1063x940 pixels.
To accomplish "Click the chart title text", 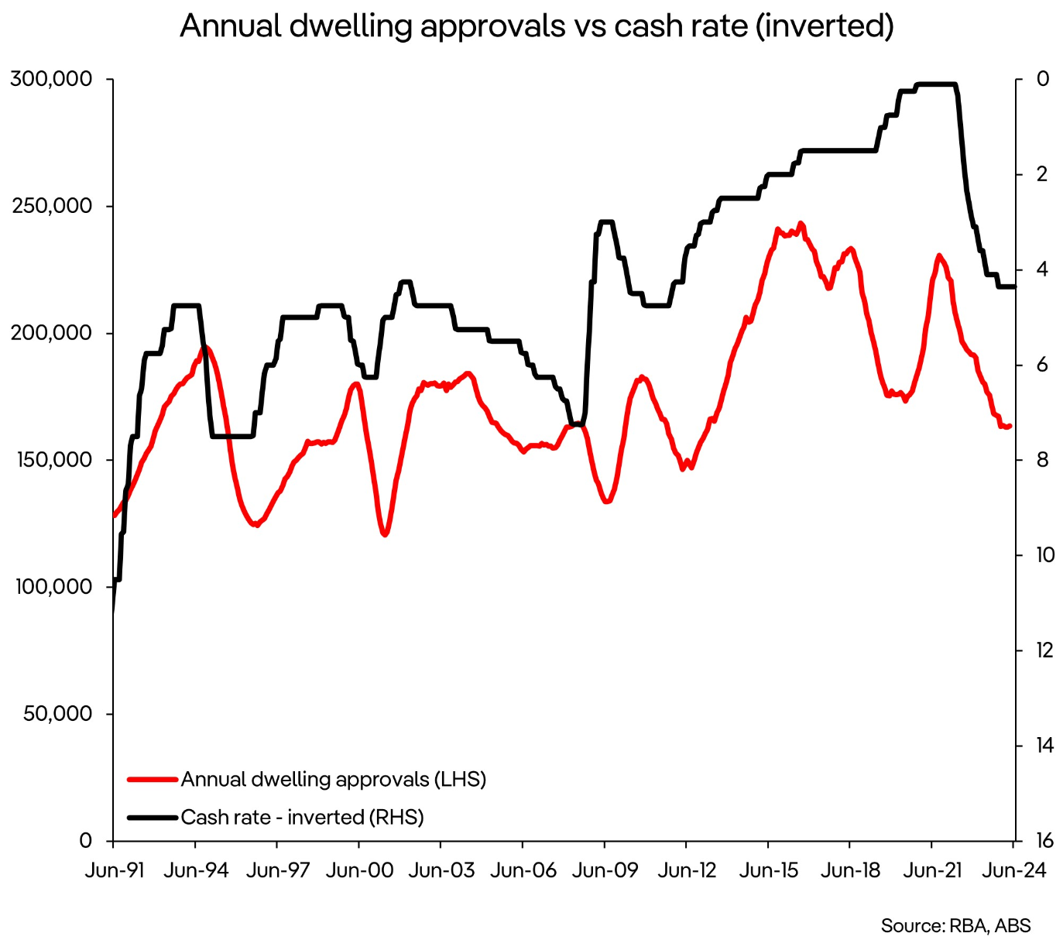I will click(536, 26).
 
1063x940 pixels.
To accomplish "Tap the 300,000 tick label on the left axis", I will click(51, 79).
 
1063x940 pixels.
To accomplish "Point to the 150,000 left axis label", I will click(51, 460).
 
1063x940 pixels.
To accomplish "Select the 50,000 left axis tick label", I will click(57, 714).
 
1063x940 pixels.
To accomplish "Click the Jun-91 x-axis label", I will click(115, 870).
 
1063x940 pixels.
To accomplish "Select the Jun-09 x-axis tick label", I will click(605, 870).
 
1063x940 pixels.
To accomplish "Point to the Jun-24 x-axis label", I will click(1014, 870).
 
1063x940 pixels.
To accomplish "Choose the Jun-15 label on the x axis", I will click(768, 870).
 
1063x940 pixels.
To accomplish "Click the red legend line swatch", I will click(153, 779).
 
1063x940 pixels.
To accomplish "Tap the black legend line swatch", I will click(153, 817).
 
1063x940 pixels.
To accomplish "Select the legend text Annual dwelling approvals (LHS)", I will click(334, 779).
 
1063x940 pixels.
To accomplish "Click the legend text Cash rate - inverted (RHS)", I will click(303, 817).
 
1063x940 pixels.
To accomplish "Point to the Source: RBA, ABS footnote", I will click(955, 925).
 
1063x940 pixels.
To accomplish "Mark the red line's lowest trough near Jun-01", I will click(384, 534).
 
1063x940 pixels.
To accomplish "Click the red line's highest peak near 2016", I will click(801, 223).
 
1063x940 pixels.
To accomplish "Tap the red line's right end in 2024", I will click(1010, 426).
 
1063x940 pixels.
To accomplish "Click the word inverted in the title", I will click(825, 26).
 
